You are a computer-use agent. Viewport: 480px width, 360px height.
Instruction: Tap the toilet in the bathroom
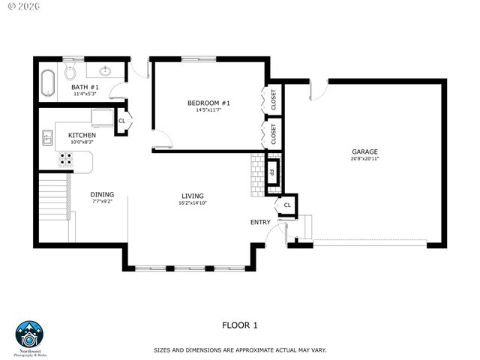(70, 72)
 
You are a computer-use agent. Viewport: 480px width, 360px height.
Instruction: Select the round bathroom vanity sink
(105, 72)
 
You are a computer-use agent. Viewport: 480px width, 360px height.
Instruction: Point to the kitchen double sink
(47, 137)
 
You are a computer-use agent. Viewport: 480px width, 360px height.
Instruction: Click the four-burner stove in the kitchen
(66, 159)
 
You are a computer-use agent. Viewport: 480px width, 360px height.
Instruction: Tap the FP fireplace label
(274, 172)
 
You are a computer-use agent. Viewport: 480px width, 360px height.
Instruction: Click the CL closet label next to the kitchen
(122, 121)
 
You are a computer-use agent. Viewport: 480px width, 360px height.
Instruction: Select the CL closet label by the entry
(287, 205)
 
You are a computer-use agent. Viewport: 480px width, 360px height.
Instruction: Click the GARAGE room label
(364, 151)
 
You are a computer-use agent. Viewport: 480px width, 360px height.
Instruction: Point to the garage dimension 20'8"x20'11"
(364, 159)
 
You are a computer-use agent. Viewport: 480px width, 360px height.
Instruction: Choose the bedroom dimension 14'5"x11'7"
(208, 110)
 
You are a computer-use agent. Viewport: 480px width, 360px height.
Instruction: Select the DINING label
(103, 194)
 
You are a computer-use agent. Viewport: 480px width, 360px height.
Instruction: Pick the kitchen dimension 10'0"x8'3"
(82, 142)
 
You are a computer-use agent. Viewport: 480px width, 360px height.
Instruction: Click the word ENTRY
(260, 222)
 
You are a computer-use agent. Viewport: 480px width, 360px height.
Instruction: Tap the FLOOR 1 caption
(239, 325)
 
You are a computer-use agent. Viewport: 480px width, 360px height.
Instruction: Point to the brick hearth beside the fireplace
(259, 175)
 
